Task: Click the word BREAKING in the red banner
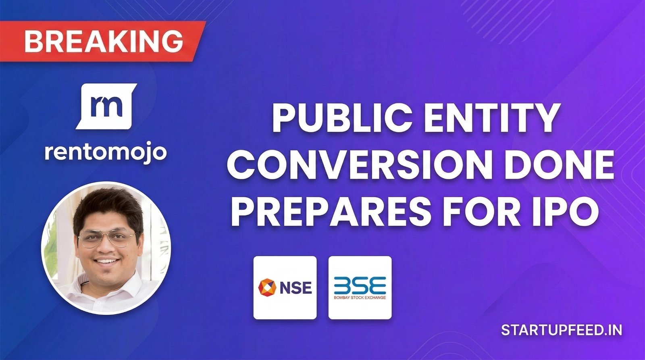tap(104, 41)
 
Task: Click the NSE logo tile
tap(285, 287)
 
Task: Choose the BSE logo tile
tap(360, 287)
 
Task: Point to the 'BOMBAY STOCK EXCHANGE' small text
tap(360, 298)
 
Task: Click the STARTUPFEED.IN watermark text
tap(562, 330)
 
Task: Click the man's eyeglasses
tap(107, 239)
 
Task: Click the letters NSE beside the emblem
tap(295, 288)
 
